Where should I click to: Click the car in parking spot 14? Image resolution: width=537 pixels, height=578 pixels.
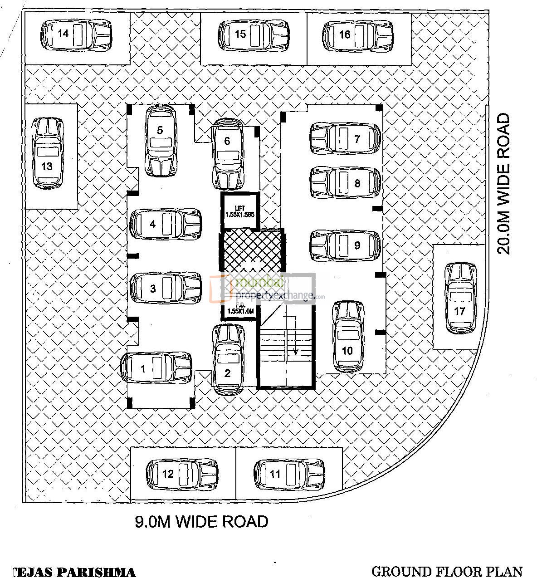click(x=76, y=34)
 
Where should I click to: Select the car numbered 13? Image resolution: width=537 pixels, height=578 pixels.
click(x=47, y=153)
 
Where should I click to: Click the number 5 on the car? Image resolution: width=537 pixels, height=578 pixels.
click(x=160, y=131)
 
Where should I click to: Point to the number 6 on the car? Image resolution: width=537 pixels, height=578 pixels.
click(x=227, y=141)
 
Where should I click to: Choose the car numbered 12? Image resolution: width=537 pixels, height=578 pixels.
click(x=181, y=474)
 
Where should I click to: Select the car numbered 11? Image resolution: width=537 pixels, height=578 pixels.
click(x=289, y=474)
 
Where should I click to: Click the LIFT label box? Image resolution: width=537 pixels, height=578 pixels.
click(x=240, y=211)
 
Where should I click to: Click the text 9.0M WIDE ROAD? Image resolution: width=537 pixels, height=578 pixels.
click(x=202, y=521)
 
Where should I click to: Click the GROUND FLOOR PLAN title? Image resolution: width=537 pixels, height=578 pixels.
click(x=447, y=571)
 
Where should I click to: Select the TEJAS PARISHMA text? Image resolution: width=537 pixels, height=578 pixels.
click(x=75, y=572)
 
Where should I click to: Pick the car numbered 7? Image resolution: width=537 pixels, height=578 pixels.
click(x=345, y=139)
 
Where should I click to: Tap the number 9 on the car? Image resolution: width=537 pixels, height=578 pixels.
click(x=357, y=245)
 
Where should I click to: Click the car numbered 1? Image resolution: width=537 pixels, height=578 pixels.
click(x=156, y=368)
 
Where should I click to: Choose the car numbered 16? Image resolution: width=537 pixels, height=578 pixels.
click(x=358, y=35)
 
